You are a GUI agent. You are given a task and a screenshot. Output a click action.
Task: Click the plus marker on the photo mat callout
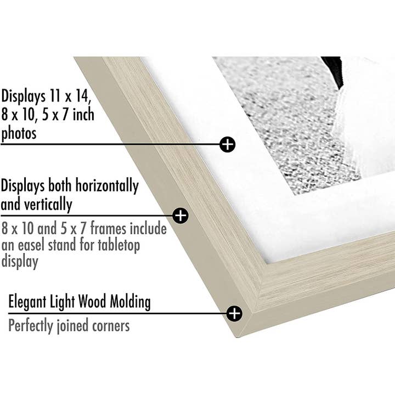227,144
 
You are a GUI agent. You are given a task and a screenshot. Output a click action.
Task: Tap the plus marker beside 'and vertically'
180,216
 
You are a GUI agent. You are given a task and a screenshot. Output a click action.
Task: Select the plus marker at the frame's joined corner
234,313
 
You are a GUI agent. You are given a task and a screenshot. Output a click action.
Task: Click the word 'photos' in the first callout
19,133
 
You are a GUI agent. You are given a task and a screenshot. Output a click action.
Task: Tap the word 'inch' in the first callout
83,115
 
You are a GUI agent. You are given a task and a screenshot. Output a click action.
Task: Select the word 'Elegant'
29,301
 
